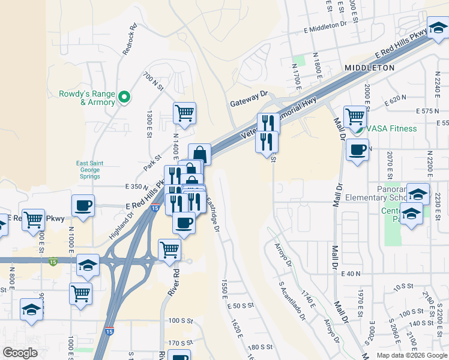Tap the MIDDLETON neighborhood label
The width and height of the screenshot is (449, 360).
coord(369,68)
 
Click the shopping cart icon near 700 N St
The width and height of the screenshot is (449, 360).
coord(185,112)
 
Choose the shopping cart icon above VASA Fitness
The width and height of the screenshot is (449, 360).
coord(355,115)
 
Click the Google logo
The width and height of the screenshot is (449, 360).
coord(20,352)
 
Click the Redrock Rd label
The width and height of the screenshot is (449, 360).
coord(130,40)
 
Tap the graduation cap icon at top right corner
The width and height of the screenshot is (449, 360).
coord(438,27)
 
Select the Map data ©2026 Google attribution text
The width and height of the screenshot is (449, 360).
coord(411,355)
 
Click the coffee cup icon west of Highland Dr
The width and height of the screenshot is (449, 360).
coord(83,205)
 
